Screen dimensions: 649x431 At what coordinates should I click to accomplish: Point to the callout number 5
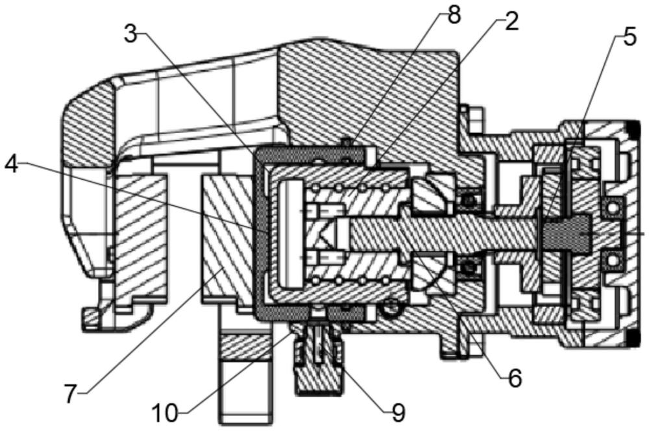click(x=630, y=38)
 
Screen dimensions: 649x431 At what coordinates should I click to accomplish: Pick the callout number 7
click(x=71, y=393)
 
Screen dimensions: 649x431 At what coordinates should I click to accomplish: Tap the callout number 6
click(x=515, y=378)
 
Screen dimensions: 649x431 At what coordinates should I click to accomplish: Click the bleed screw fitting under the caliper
click(x=318, y=360)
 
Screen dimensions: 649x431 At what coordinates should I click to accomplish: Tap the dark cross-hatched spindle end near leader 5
click(x=566, y=234)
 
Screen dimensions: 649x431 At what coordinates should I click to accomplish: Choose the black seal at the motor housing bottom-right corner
click(x=632, y=339)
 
